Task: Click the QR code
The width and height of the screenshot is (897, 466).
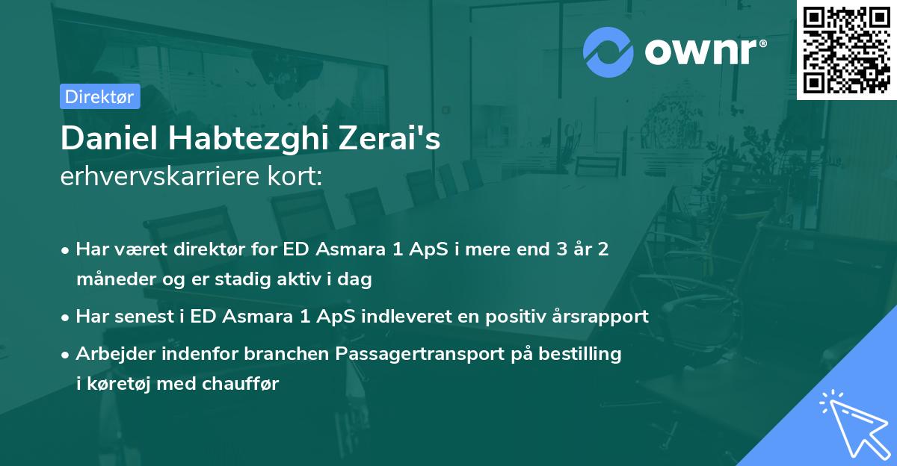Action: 847,49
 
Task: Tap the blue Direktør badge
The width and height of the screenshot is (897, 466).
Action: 99,96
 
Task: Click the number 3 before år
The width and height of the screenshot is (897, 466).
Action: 540,249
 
